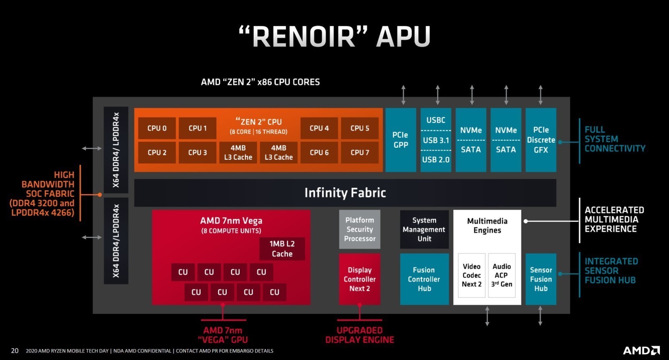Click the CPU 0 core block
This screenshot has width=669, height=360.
tap(157, 128)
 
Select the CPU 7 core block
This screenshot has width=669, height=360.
tap(360, 153)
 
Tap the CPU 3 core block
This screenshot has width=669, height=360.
tap(197, 153)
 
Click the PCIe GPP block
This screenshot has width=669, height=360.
tap(401, 140)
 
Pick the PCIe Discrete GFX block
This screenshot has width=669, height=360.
tap(541, 140)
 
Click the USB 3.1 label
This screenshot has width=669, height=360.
tap(436, 140)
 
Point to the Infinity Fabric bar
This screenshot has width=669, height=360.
tap(345, 193)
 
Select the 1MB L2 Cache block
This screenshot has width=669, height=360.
tap(282, 249)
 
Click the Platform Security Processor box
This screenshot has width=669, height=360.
tap(360, 230)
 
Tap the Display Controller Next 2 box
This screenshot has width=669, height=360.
tap(360, 279)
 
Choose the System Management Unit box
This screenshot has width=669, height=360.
tap(424, 230)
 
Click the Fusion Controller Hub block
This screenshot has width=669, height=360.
tap(424, 279)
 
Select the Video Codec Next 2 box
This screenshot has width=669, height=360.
tap(472, 275)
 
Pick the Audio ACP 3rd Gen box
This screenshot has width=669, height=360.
tap(501, 275)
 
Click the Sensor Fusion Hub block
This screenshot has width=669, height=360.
tap(541, 279)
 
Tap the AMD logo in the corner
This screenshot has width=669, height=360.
tap(641, 350)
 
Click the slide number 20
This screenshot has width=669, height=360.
tap(15, 351)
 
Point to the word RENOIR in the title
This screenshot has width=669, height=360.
tap(303, 36)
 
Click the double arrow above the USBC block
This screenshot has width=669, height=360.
tap(438, 95)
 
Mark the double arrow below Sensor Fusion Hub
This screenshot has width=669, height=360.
tap(540, 316)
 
